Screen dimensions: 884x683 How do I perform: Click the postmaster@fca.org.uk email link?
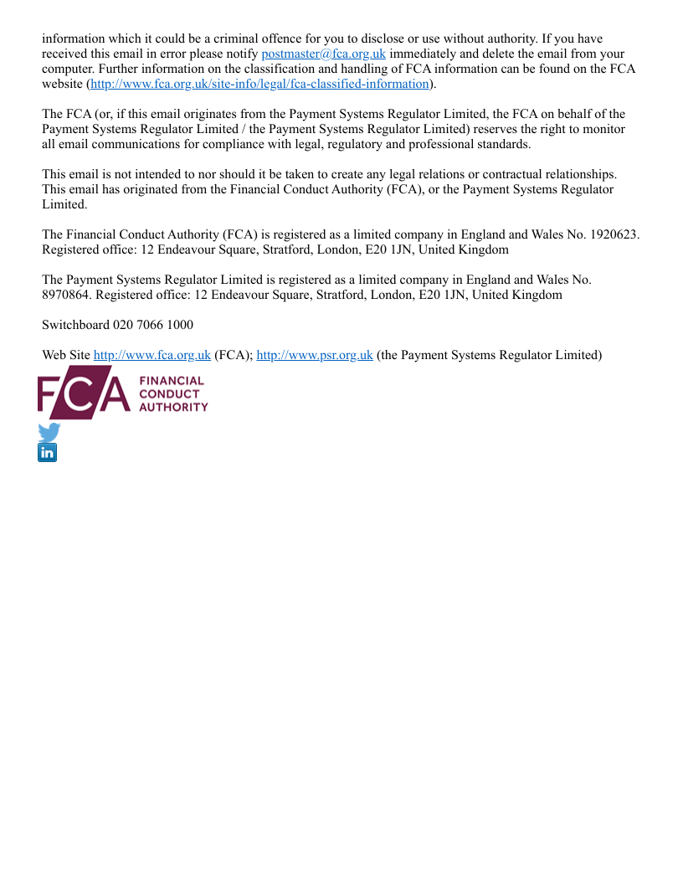point(323,54)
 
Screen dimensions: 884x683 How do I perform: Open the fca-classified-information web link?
point(259,85)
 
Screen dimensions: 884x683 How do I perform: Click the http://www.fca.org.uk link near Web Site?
point(151,355)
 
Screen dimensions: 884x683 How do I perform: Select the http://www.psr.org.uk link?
point(314,355)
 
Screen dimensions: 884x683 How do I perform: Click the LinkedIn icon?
point(48,453)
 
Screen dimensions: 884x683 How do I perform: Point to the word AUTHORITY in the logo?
point(173,407)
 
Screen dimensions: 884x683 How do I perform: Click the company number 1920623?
point(614,235)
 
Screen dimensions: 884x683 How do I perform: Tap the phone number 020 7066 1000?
point(154,325)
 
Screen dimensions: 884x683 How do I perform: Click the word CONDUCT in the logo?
point(169,394)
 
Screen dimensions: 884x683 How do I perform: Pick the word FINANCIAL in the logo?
point(172,382)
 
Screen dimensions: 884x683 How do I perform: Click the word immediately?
point(429,54)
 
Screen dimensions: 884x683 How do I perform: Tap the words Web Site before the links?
point(65,355)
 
